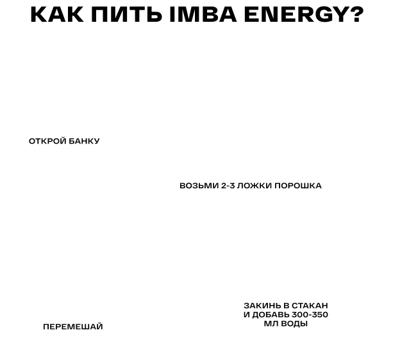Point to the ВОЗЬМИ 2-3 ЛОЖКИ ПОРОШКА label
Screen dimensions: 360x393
246,186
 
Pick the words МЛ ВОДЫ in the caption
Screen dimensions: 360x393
285,324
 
